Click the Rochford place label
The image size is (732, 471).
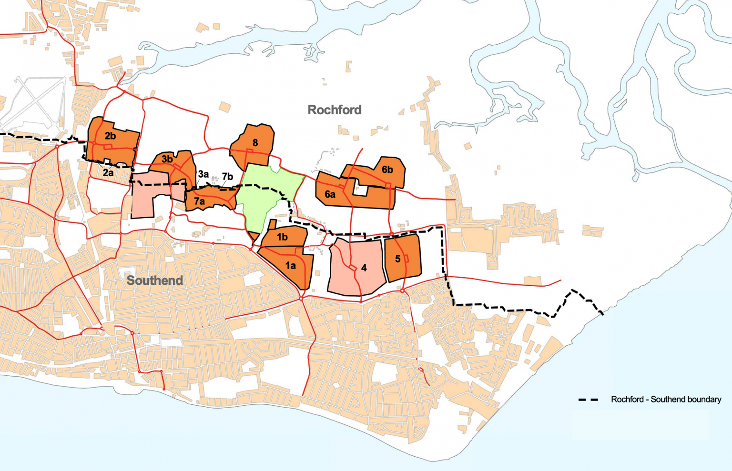pyautogui.click(x=335, y=110)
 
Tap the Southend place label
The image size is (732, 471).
pyautogui.click(x=155, y=280)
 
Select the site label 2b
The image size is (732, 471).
pyautogui.click(x=110, y=136)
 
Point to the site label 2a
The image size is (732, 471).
pyautogui.click(x=108, y=172)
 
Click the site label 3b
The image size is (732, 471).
pyautogui.click(x=167, y=159)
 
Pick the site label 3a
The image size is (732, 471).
pyautogui.click(x=203, y=174)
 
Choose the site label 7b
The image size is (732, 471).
pyautogui.click(x=227, y=177)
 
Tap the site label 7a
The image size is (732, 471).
pyautogui.click(x=199, y=201)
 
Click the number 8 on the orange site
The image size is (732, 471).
pyautogui.click(x=255, y=143)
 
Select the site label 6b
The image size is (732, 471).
pyautogui.click(x=387, y=170)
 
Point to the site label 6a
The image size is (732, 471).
pyautogui.click(x=330, y=194)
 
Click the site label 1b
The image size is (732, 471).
pyautogui.click(x=282, y=237)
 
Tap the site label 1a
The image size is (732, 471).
pyautogui.click(x=290, y=266)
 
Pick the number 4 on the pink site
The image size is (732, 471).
pyautogui.click(x=364, y=268)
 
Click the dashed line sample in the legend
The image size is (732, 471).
pyautogui.click(x=588, y=400)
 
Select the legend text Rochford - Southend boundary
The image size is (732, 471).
pyautogui.click(x=666, y=400)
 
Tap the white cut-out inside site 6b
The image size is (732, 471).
pyautogui.click(x=361, y=190)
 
